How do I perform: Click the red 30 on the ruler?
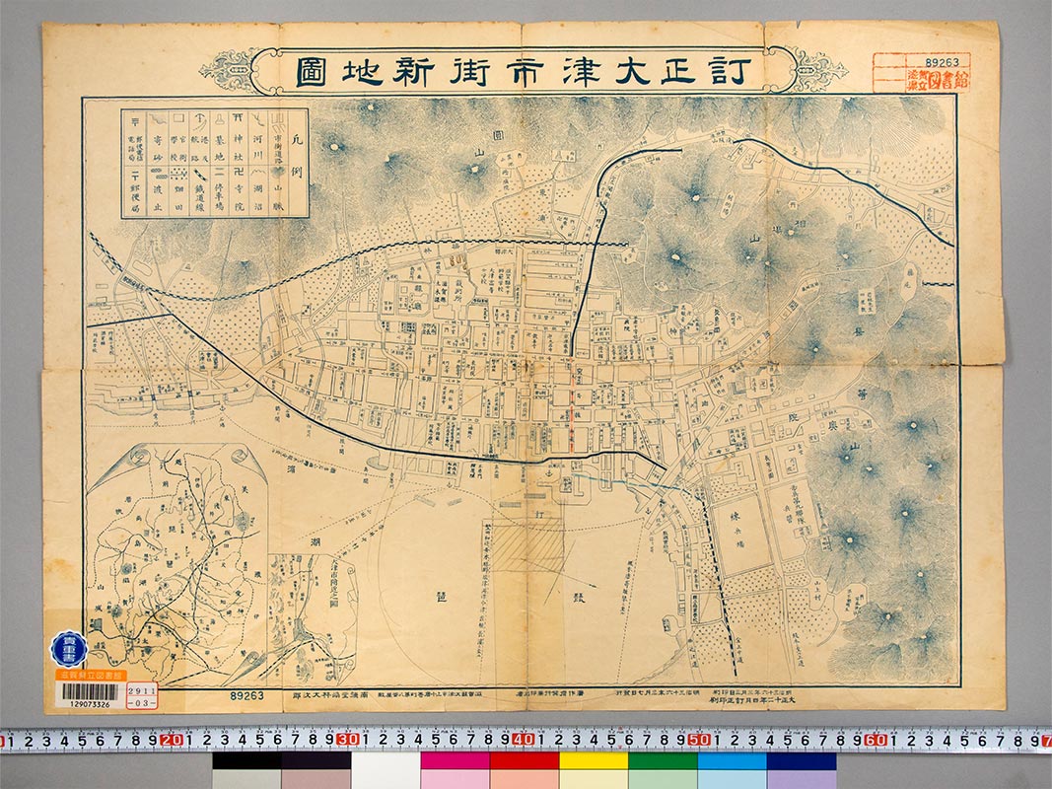pyautogui.click(x=346, y=740)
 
